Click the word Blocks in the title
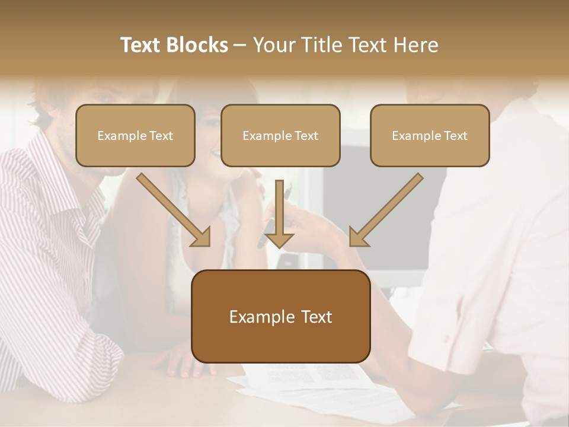(199, 45)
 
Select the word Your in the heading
(273, 45)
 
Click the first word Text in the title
(142, 45)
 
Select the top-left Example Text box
(135, 135)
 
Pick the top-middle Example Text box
(280, 135)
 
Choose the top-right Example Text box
(430, 135)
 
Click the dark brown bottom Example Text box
(280, 316)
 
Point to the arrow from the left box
(175, 211)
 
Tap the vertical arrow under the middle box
(279, 213)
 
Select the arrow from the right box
(385, 211)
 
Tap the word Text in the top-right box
(455, 136)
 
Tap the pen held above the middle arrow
(288, 193)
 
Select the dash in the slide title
(240, 45)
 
